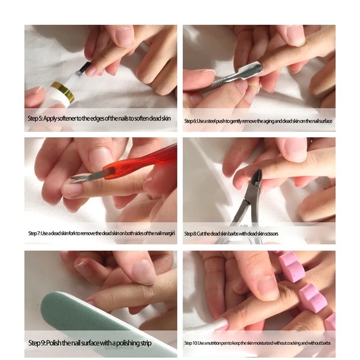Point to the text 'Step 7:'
[34, 233]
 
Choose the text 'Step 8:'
[191, 234]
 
